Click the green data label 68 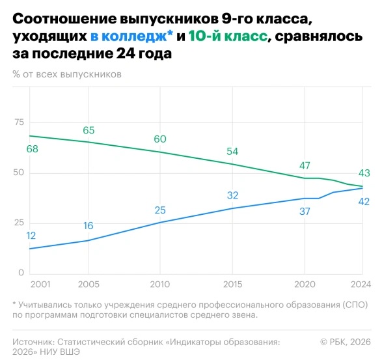[33, 148]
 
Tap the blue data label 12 [31, 236]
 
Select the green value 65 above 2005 [89, 130]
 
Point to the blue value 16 [89, 226]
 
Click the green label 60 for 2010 [160, 139]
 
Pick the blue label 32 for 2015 [232, 195]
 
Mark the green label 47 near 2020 [305, 166]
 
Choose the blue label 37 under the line [305, 212]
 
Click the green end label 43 [364, 173]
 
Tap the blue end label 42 [364, 202]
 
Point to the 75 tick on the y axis [20, 122]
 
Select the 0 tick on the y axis [21, 273]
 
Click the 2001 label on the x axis [40, 284]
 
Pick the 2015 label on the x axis [233, 284]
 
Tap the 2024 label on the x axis [361, 284]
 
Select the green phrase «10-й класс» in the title [228, 36]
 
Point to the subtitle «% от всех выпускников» [67, 74]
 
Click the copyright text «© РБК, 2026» [346, 342]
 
